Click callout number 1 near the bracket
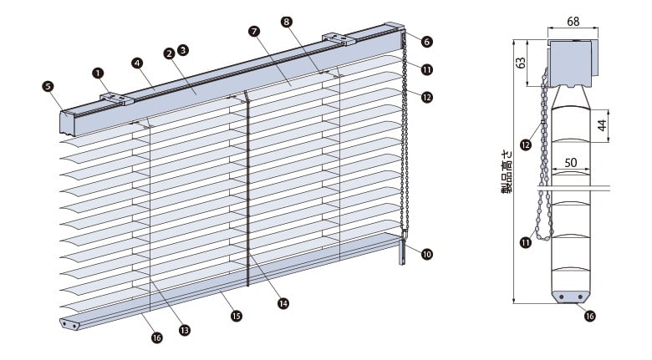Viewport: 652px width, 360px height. coord(99,73)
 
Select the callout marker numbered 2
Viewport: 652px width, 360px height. coord(169,53)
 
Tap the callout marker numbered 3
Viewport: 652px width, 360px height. coord(183,50)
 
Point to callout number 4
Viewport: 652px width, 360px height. coord(137,62)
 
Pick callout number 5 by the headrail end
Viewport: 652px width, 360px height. coord(48,84)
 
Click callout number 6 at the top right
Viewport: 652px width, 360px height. coord(427,41)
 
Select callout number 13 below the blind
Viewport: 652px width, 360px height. coord(184,330)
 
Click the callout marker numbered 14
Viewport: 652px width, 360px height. coord(283,303)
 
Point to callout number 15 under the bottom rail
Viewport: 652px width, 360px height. coord(237,317)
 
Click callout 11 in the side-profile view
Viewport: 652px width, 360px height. coord(525,243)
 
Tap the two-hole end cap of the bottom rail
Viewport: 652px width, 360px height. coord(70,323)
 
